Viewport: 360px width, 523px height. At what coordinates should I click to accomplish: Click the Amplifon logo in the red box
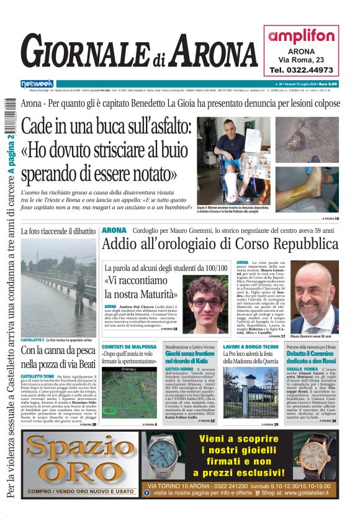pos(302,36)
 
